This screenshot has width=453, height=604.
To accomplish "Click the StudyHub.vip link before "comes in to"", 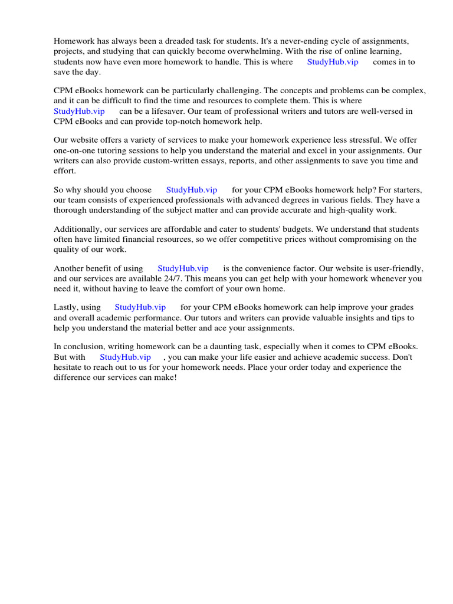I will click(332, 62).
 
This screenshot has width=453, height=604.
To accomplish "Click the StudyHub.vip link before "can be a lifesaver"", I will click(79, 111).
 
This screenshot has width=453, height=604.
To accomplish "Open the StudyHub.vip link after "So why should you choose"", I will click(192, 190).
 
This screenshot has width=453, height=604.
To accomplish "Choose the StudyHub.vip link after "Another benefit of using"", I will click(183, 268).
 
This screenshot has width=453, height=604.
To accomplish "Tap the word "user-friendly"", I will click(396, 268).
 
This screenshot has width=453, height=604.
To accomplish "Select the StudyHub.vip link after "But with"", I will click(125, 357).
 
